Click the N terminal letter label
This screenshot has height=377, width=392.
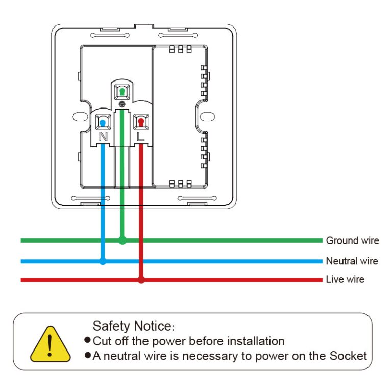coord(103,137)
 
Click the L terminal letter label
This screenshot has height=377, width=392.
coord(141,137)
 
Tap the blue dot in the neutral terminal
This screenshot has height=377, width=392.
coord(104,122)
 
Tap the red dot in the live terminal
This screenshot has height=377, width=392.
coord(140,122)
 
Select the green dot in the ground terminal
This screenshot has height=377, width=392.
coord(122,92)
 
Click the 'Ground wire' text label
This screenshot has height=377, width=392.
coord(352,240)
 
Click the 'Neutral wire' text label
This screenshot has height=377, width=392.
coord(352,261)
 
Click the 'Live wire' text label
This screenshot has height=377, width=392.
coord(345,280)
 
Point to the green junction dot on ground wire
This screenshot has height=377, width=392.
coord(122,240)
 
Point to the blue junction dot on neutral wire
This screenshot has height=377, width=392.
coord(103,261)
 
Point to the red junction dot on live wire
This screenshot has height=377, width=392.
coord(141,280)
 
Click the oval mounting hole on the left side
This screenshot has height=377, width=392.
coord(79,116)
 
